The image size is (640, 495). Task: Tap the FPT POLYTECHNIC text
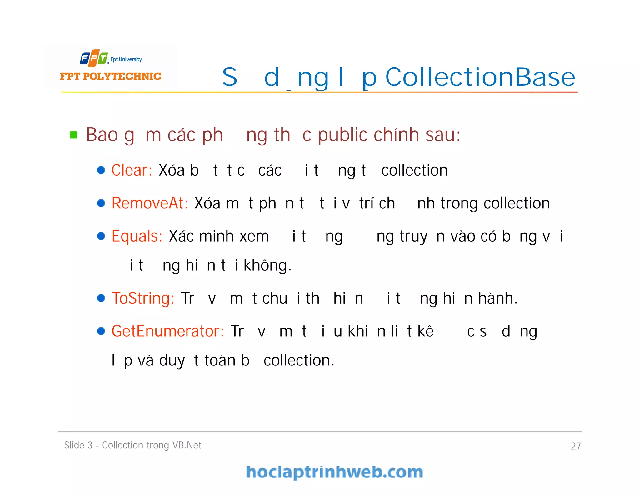click(111, 76)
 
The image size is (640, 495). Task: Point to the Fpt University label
click(126, 59)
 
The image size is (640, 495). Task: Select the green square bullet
click(74, 135)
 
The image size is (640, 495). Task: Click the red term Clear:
click(132, 170)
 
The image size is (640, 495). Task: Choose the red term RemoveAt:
click(150, 203)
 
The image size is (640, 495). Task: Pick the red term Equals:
click(137, 236)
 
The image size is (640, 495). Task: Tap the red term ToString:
click(143, 298)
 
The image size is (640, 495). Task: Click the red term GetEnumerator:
click(167, 331)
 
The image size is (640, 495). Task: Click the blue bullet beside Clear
click(101, 170)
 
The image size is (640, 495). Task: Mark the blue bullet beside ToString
click(101, 298)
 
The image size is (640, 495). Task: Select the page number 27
click(576, 446)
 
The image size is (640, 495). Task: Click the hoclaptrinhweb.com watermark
click(334, 472)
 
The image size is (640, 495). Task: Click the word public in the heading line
click(342, 135)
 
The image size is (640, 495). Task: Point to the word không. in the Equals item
click(267, 265)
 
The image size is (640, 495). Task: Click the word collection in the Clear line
click(414, 170)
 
